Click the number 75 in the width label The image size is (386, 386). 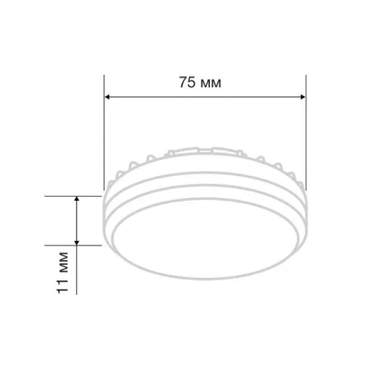click(x=188, y=83)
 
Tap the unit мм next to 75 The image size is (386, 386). click(x=211, y=84)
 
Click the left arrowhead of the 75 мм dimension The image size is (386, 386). click(x=107, y=97)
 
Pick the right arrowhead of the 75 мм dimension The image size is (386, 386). click(x=303, y=97)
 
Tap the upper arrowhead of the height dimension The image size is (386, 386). click(x=76, y=199)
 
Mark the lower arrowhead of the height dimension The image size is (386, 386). click(x=76, y=242)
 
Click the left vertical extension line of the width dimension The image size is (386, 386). click(x=104, y=133)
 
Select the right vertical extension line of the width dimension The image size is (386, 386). click(x=306, y=133)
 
